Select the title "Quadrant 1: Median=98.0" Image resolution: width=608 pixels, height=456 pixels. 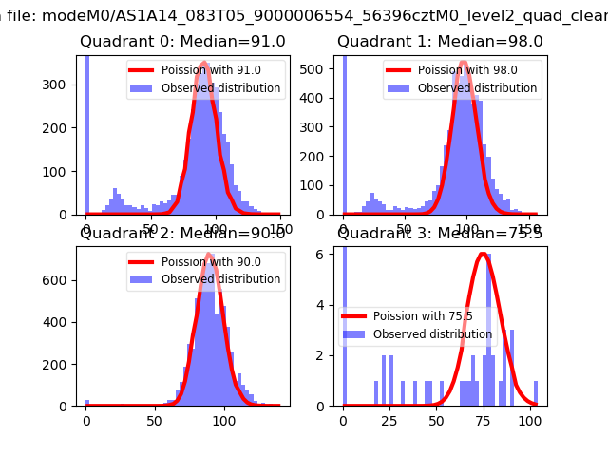pyautogui.click(x=440, y=42)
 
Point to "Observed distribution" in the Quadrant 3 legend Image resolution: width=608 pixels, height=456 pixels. pyautogui.click(x=432, y=334)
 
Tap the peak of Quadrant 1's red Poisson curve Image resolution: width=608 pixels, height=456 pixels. pyautogui.click(x=464, y=63)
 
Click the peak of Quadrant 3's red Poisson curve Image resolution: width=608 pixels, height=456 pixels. pyautogui.click(x=483, y=254)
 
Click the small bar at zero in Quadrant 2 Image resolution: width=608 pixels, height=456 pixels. pyautogui.click(x=87, y=403)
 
